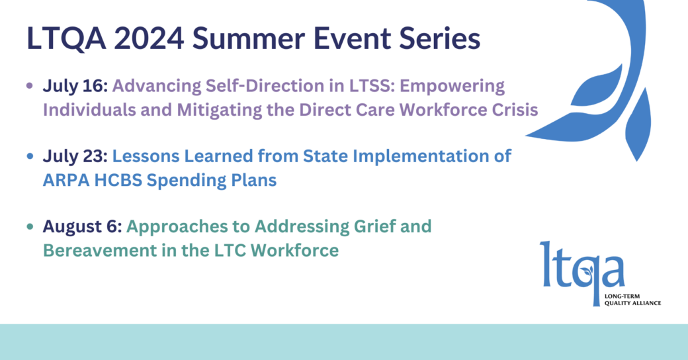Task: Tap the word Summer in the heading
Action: tap(249, 38)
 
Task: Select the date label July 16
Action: tap(75, 86)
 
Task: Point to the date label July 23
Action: tap(75, 156)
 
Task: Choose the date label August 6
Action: tap(82, 227)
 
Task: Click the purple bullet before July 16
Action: tap(30, 85)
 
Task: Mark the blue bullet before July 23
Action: tap(30, 156)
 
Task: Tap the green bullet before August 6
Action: tap(30, 226)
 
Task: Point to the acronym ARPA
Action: tap(65, 180)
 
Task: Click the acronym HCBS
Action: tap(118, 180)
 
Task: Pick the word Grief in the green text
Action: tap(369, 227)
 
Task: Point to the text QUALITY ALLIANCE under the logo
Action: tap(632, 303)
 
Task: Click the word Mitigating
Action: tap(220, 111)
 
